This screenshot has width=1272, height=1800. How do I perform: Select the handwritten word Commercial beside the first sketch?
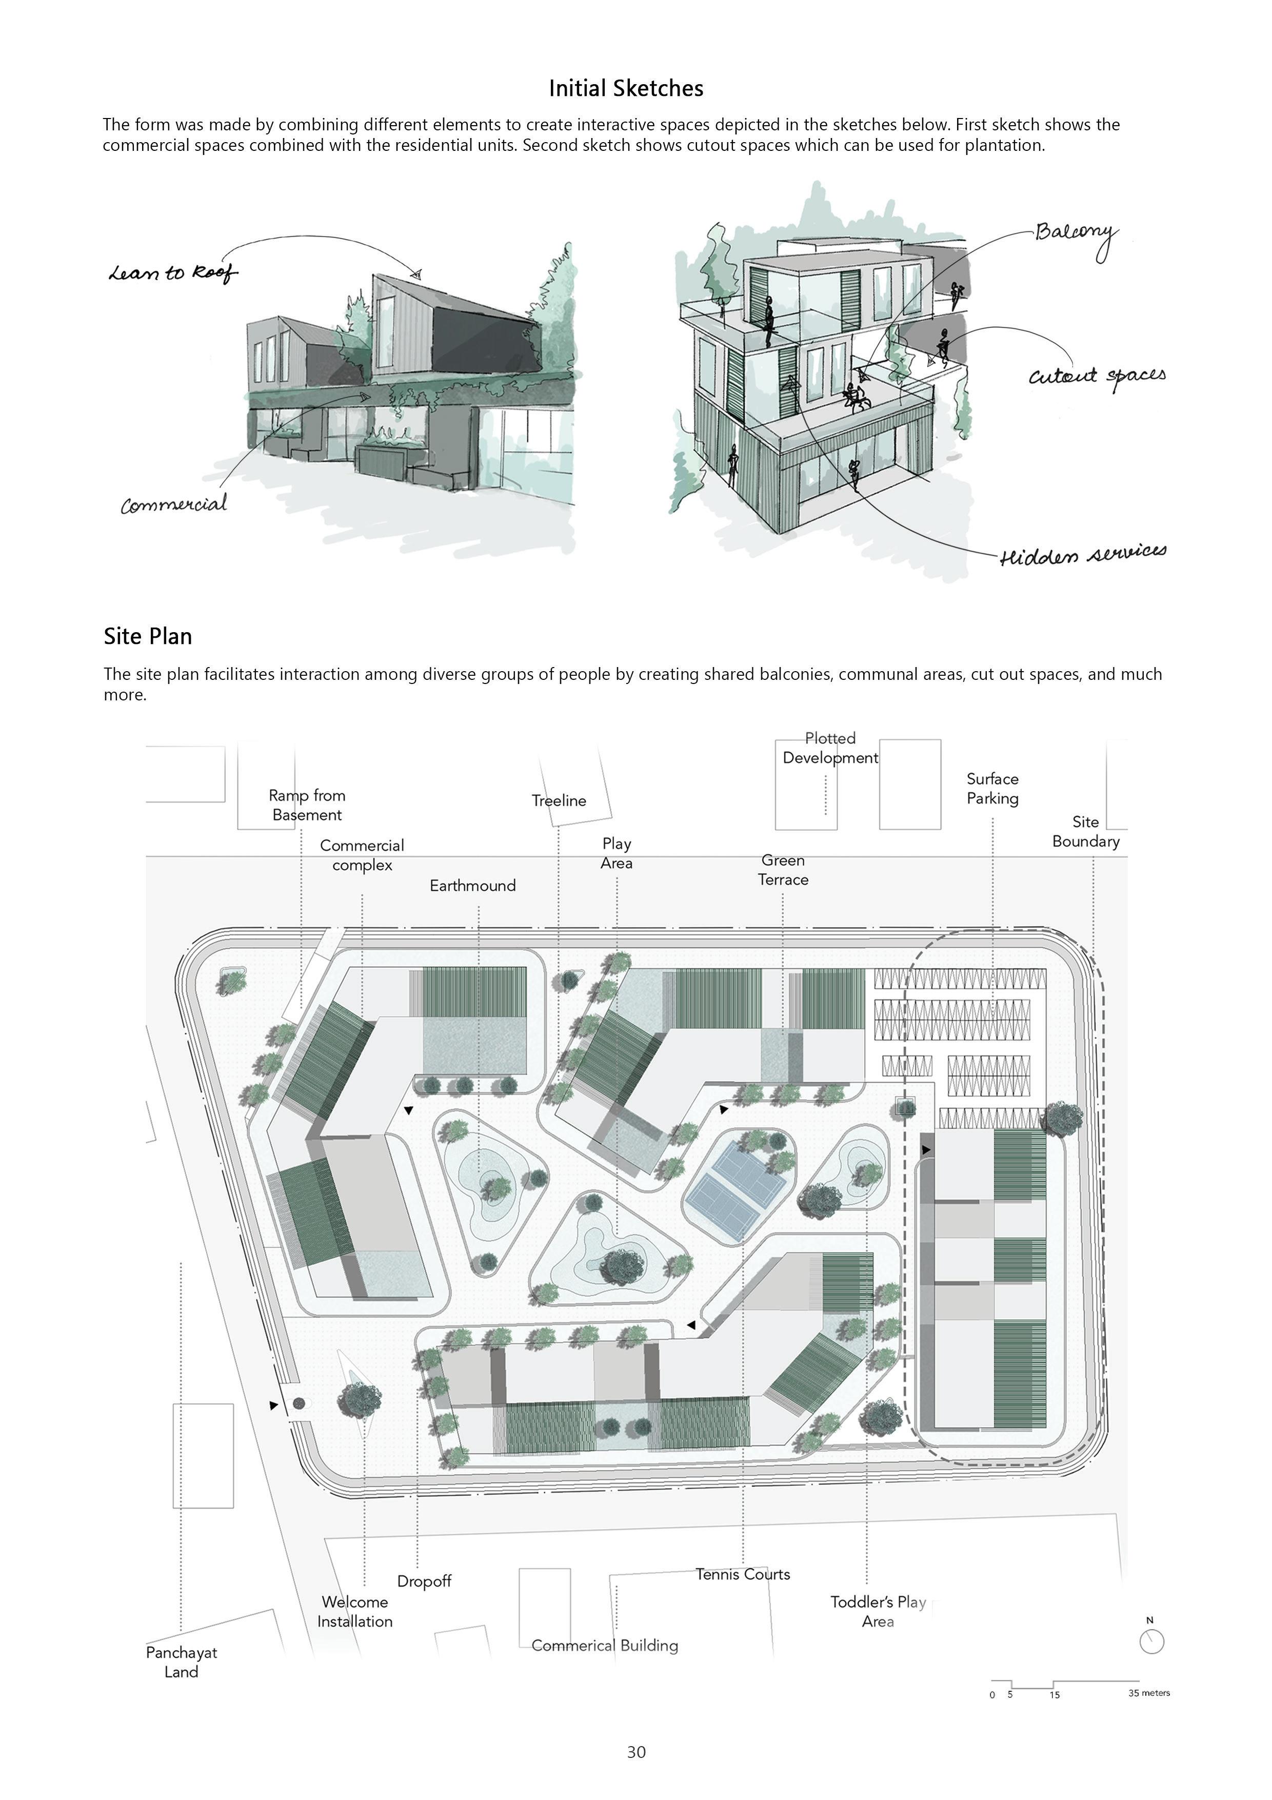point(174,504)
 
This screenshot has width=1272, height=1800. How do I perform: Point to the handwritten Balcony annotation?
point(1075,233)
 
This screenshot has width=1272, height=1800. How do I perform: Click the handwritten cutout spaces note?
point(1097,376)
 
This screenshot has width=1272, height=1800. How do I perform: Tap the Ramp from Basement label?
point(307,805)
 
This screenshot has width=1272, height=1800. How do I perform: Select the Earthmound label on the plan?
point(472,886)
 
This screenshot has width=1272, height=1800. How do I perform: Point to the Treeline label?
point(559,800)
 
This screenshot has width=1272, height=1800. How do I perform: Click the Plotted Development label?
point(830,748)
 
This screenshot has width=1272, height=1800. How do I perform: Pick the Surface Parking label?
point(992,789)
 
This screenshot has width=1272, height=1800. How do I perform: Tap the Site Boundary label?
point(1085,832)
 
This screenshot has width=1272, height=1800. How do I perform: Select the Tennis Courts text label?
point(742,1574)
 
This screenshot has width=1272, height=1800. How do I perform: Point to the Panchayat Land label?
point(181,1662)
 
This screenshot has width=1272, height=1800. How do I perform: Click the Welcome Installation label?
point(355,1612)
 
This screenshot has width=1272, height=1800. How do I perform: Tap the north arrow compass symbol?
point(1151,1641)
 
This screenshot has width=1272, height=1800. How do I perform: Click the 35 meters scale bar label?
point(1149,1693)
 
